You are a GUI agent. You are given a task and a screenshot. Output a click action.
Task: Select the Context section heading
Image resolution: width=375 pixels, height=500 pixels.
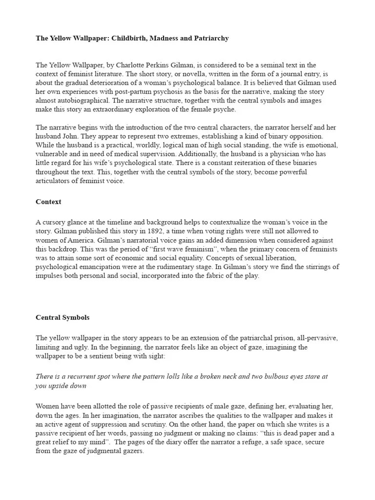tap(48, 202)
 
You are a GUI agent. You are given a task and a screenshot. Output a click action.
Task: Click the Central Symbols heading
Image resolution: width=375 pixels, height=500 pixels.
tap(62, 317)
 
